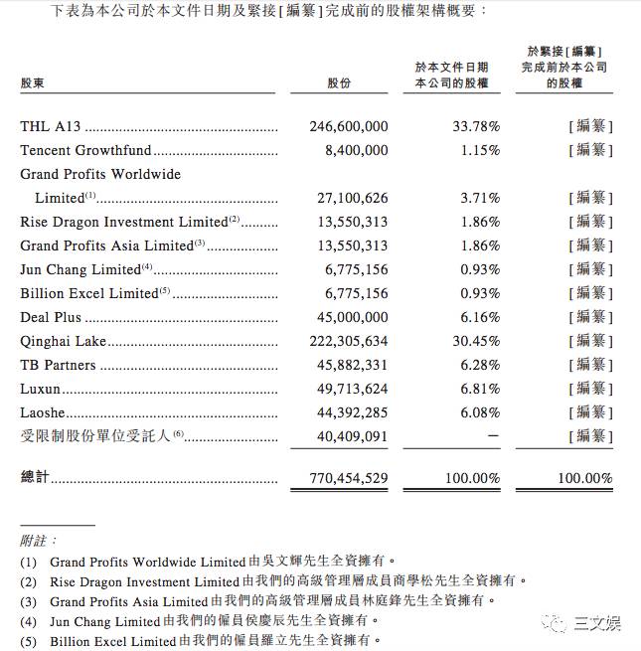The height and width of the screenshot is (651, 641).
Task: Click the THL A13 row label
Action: [51, 127]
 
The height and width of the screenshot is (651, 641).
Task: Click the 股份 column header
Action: [339, 84]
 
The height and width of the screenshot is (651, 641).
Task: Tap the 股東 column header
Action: [33, 84]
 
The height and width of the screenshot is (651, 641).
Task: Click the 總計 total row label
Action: [35, 478]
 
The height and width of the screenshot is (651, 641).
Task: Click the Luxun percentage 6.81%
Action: [480, 389]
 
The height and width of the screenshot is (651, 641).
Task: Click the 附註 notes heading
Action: [33, 540]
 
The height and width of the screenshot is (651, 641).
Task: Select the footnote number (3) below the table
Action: [28, 601]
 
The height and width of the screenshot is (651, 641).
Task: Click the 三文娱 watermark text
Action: [597, 624]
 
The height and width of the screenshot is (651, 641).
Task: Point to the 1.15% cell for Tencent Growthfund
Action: [480, 151]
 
